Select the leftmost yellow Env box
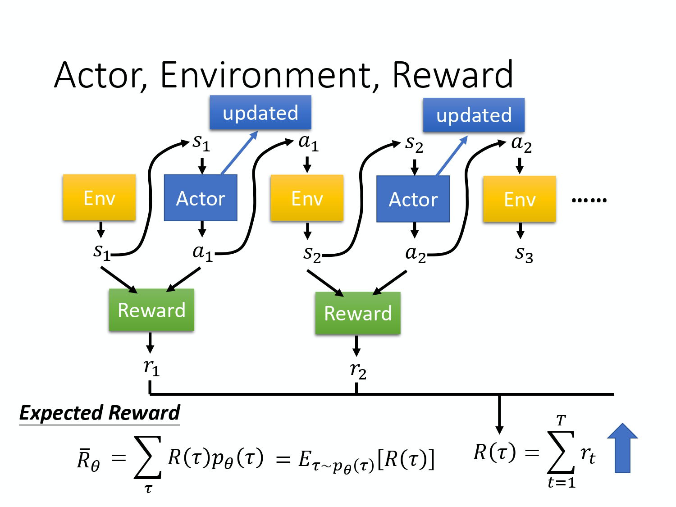tap(99, 198)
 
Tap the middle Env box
tap(307, 198)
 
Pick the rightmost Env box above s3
tap(519, 199)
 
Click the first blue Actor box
tap(201, 198)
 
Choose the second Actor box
tap(413, 199)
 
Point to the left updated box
tap(260, 113)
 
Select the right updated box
tap(474, 115)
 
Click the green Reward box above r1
tap(151, 310)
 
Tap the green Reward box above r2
tap(358, 313)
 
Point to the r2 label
tap(358, 370)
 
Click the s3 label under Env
tap(524, 254)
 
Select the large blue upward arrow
tap(622, 448)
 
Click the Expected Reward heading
tap(100, 413)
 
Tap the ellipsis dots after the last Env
tap(589, 200)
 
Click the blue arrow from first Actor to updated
tap(239, 153)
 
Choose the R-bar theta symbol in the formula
tap(88, 460)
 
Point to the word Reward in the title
tap(452, 75)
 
